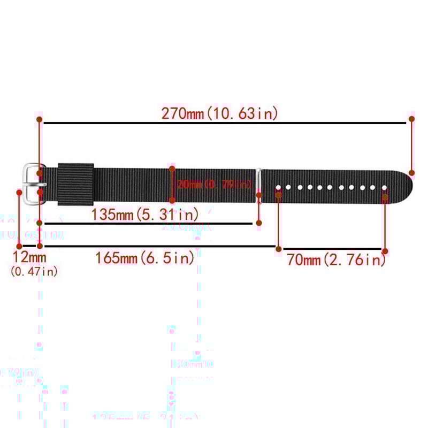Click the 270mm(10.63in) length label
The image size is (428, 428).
pyautogui.click(x=219, y=113)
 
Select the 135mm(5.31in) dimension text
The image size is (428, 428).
pyautogui.click(x=145, y=215)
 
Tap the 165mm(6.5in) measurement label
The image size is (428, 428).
pyautogui.click(x=144, y=258)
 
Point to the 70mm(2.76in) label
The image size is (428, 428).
pyautogui.click(x=336, y=260)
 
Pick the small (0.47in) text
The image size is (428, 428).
pyautogui.click(x=34, y=272)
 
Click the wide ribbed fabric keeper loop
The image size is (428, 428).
pyautogui.click(x=75, y=184)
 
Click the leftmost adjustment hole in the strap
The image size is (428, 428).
pyautogui.click(x=278, y=187)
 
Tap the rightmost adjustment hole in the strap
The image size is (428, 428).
pyautogui.click(x=384, y=187)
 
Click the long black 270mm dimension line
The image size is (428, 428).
pyautogui.click(x=225, y=123)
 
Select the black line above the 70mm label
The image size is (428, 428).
pyautogui.click(x=332, y=248)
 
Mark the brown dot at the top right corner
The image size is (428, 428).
pyautogui.click(x=411, y=119)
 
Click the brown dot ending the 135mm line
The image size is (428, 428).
pyautogui.click(x=258, y=223)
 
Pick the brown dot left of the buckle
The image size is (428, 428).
pyautogui.click(x=20, y=192)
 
